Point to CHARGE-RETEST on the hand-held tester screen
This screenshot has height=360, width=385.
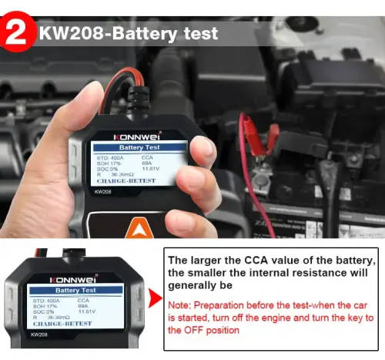tap(126, 180)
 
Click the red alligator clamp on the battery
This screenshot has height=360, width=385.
tap(250, 128)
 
